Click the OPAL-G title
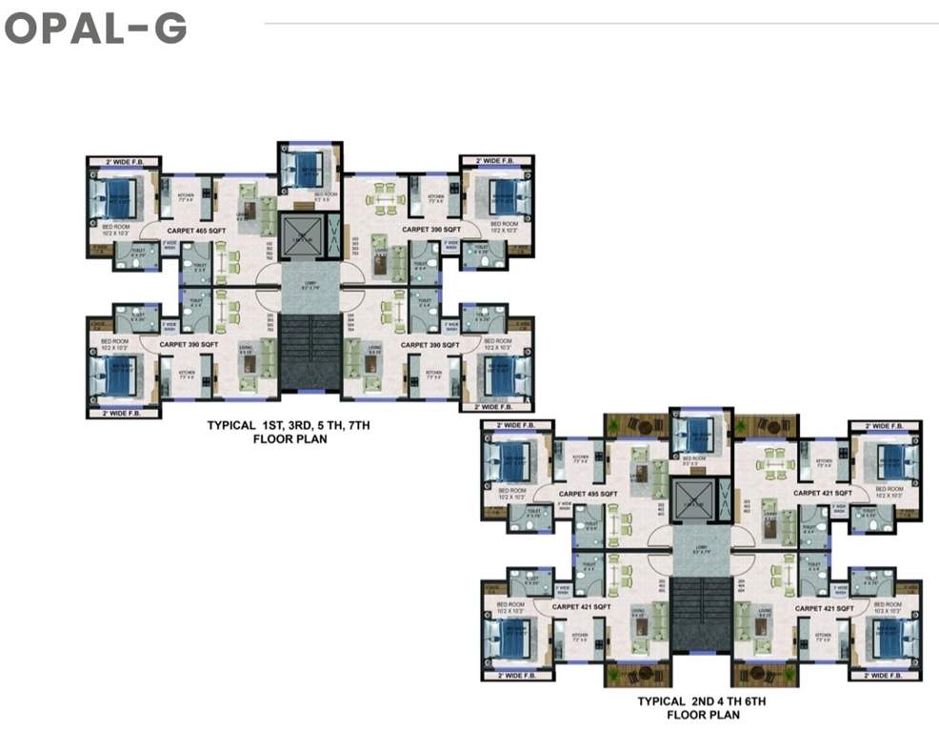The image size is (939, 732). coord(95,29)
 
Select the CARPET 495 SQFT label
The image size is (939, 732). coord(589,494)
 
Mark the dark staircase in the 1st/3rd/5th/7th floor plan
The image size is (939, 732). coord(310,352)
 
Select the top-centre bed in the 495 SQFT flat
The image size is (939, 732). coord(699,437)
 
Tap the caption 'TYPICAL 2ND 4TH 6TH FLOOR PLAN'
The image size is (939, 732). coord(702,707)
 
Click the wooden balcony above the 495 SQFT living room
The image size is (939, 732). coord(636,425)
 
